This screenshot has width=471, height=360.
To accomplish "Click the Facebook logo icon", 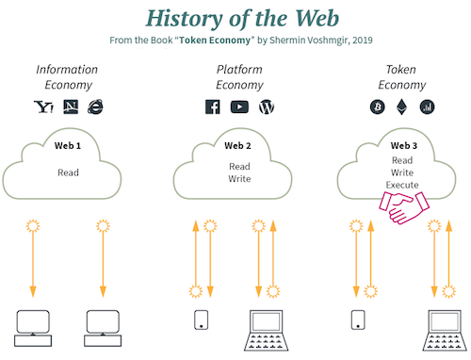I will (213, 106).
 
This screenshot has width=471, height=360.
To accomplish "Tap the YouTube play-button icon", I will (239, 106).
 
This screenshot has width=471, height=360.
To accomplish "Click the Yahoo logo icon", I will (43, 106).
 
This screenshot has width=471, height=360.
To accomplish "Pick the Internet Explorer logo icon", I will (95, 106).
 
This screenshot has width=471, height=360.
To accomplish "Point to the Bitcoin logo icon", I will (377, 106).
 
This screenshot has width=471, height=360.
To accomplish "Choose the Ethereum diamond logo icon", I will (401, 106).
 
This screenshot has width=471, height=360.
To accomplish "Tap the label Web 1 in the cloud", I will (68, 146).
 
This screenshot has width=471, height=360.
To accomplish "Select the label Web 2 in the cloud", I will (237, 146).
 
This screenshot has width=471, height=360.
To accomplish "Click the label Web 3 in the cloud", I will (403, 146).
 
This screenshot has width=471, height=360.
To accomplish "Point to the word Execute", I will (402, 185).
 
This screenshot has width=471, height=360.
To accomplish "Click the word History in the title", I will (184, 17).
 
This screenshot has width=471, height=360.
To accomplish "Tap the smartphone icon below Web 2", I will (201, 320).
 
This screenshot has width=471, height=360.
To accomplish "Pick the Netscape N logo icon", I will (69, 106).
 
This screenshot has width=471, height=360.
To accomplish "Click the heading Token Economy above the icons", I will (401, 76).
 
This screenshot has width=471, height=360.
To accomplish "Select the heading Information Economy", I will (68, 76).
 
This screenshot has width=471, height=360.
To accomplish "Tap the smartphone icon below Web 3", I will (357, 320).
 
